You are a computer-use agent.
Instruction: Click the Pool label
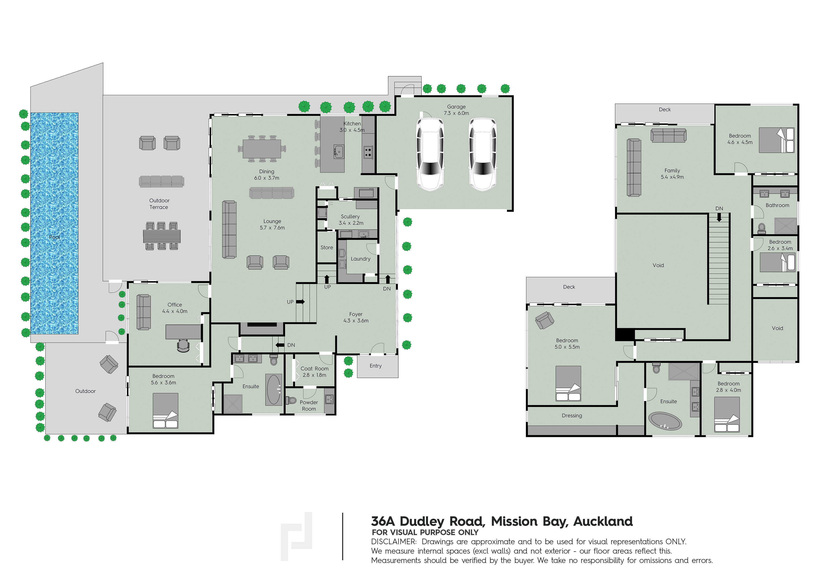(54, 237)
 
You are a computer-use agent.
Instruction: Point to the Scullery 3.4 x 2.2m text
(350, 220)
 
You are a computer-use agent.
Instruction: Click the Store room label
(327, 247)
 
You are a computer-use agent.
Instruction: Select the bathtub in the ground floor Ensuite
(274, 390)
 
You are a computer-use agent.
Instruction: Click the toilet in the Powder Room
(291, 400)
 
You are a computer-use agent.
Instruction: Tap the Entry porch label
(376, 366)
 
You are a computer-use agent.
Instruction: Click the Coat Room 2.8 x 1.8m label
(314, 372)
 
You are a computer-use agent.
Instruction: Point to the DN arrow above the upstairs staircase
(719, 217)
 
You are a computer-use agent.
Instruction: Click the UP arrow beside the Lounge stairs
(300, 302)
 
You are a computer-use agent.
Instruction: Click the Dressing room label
(572, 416)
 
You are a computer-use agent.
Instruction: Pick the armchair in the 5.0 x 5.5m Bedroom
(544, 320)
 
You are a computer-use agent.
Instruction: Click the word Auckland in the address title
(603, 521)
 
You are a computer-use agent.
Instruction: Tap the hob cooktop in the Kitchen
(368, 152)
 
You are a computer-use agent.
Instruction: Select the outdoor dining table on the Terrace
(162, 236)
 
